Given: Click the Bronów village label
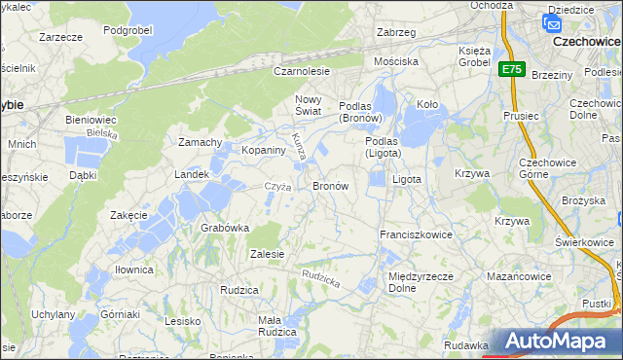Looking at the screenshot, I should click(x=330, y=185).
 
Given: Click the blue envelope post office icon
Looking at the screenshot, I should click(x=553, y=25).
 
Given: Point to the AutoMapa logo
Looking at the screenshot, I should click(x=559, y=342).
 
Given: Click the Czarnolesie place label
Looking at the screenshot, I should click(x=302, y=71).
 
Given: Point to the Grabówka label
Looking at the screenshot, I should click(x=225, y=228).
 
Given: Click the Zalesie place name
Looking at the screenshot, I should click(x=266, y=254).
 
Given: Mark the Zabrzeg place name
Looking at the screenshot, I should click(x=396, y=32).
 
